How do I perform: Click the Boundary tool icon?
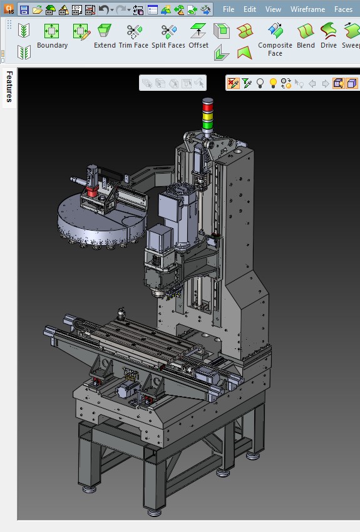[x=51, y=31]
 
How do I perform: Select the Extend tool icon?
[x=105, y=31]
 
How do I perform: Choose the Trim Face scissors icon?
[x=134, y=31]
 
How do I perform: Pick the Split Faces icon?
[x=168, y=32]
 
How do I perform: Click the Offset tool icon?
[x=198, y=31]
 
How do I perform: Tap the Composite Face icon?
[x=275, y=31]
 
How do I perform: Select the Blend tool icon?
[x=306, y=31]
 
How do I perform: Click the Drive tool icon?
[x=328, y=31]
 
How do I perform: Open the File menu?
[x=229, y=9]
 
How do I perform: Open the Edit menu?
[x=250, y=9]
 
